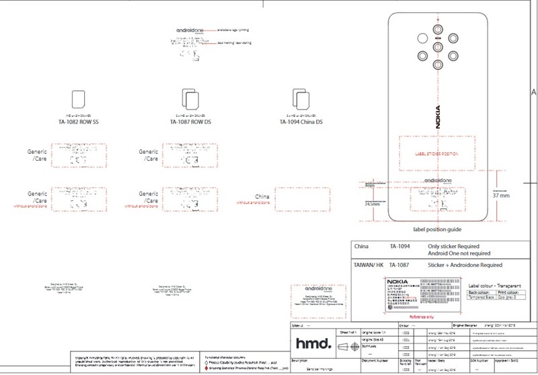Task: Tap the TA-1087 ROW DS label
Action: point(190,123)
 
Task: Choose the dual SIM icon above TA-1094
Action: point(301,100)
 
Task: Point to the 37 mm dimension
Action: point(510,196)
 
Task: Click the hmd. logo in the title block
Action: point(312,343)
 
